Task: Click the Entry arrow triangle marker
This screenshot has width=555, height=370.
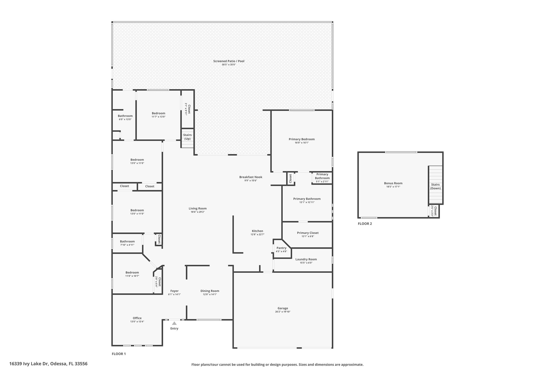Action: click(x=174, y=323)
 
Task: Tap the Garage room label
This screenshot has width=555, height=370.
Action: click(x=283, y=308)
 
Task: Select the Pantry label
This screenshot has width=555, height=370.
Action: click(x=281, y=248)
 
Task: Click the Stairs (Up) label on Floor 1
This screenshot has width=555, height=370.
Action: click(x=187, y=137)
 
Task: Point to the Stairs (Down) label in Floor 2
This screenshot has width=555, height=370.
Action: click(x=435, y=186)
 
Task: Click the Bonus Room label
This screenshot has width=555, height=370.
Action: click(x=393, y=183)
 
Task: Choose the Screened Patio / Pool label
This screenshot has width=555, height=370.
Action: click(x=229, y=61)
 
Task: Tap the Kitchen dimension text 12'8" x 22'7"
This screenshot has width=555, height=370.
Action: click(x=257, y=234)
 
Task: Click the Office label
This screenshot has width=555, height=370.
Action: click(x=137, y=318)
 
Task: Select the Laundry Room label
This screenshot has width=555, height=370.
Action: click(x=306, y=259)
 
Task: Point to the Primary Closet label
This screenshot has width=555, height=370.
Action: click(x=308, y=233)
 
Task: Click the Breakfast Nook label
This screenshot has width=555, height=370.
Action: click(x=251, y=177)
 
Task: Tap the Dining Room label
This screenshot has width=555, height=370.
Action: click(x=210, y=291)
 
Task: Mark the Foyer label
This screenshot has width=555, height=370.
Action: click(x=174, y=291)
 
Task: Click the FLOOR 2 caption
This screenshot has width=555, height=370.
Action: click(x=365, y=224)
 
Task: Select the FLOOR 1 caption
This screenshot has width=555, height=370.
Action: click(x=119, y=354)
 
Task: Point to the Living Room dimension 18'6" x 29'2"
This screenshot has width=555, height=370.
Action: click(x=198, y=212)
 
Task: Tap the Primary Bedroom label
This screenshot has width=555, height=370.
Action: click(x=302, y=139)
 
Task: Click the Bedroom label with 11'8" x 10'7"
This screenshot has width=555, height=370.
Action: click(x=132, y=272)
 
